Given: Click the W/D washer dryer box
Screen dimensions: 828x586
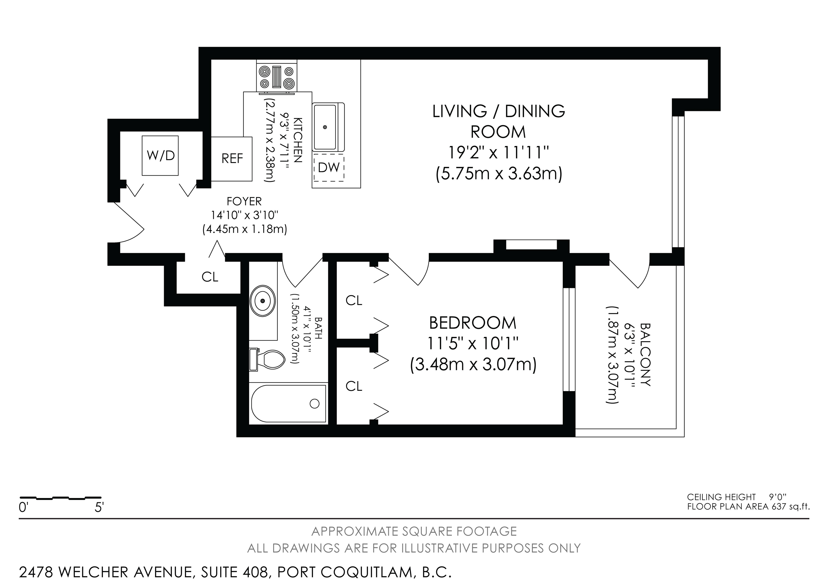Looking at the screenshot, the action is [160, 156].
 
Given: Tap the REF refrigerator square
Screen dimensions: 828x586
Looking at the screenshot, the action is [232, 159].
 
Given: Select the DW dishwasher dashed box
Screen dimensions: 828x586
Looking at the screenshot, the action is [329, 167].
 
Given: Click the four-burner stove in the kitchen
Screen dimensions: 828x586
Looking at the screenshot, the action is [277, 77].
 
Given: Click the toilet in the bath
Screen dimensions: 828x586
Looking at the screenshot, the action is [267, 360].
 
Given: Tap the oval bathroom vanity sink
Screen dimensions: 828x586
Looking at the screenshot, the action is [263, 301].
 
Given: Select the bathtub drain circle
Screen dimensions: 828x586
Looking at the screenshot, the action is [315, 404].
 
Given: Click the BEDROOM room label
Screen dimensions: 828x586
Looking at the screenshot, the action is [472, 323].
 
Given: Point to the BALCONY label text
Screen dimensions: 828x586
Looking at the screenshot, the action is [645, 355].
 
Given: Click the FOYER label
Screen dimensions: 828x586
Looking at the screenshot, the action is [244, 201].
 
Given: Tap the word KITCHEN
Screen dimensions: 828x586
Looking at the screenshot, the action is [298, 140].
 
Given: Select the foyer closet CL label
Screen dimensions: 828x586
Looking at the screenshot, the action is [210, 277].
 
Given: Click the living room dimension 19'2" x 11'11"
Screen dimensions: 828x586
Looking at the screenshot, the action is [498, 153].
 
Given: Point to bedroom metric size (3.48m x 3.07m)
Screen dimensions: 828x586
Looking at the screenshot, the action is [473, 364].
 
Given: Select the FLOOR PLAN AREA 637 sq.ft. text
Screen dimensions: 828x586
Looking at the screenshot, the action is [748, 507].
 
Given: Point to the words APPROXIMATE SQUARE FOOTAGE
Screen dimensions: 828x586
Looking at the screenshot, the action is [414, 531].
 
